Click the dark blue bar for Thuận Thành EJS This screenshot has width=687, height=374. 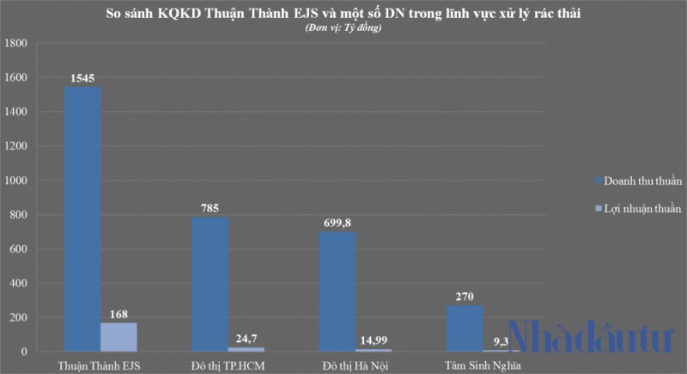(x=82, y=219)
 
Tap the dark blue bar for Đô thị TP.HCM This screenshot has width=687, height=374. (x=210, y=285)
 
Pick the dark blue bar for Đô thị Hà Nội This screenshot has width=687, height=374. (x=337, y=291)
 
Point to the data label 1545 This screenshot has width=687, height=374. (x=83, y=78)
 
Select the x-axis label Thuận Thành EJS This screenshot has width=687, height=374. (x=100, y=365)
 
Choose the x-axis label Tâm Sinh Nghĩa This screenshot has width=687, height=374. (x=483, y=365)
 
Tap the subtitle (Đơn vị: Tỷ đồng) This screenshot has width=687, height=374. (x=343, y=28)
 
